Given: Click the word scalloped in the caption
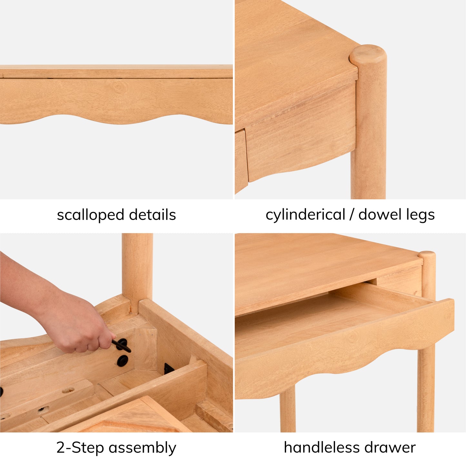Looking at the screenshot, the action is coord(90,215).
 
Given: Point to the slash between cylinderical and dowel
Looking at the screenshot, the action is coord(352,215).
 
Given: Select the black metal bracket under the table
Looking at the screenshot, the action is coord(169,369).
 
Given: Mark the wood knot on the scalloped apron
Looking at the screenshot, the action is coord(119,86).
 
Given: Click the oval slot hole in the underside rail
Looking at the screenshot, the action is coord(68,390).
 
